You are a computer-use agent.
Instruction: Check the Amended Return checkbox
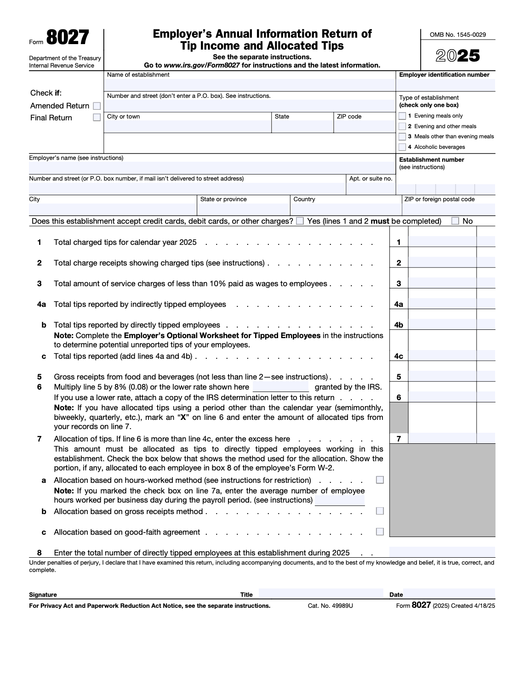97,106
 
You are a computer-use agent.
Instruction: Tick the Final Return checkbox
97,118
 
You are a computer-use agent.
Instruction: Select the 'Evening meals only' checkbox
402,116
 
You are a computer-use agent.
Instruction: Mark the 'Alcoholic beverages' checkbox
402,147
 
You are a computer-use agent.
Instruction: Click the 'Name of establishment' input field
250,85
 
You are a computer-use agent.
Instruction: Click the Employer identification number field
445,85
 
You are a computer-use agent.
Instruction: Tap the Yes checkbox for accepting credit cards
300,221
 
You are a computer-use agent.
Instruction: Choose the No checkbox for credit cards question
455,221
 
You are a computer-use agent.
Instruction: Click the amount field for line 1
442,242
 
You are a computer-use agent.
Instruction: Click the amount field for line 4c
442,356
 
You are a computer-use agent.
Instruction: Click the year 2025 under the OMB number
458,56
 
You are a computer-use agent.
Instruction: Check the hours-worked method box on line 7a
380,480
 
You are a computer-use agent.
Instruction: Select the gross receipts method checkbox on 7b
380,511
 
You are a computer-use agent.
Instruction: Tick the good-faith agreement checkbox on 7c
380,532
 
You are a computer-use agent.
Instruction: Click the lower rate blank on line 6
281,387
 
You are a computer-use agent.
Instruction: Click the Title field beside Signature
321,594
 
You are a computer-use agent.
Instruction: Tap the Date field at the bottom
449,594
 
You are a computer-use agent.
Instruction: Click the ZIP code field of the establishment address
365,127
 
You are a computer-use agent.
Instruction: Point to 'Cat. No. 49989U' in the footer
330,606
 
